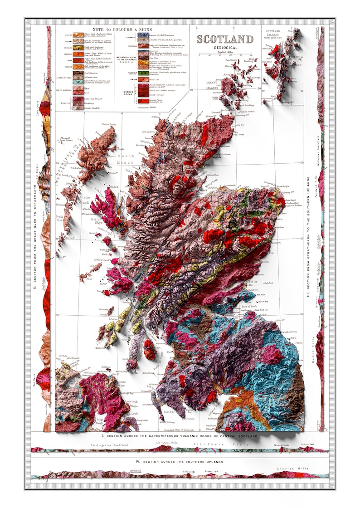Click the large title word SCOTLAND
(224, 39)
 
